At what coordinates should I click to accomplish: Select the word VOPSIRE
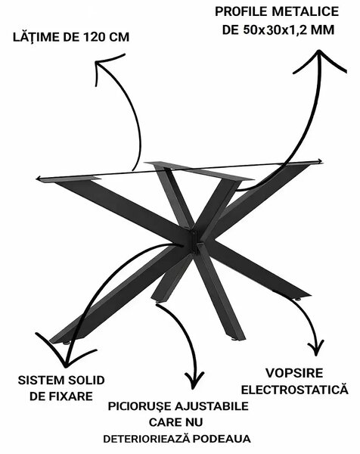click(294, 373)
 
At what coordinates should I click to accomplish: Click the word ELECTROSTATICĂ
click(295, 389)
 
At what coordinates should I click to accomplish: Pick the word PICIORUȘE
click(139, 406)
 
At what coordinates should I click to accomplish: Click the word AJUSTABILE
click(212, 406)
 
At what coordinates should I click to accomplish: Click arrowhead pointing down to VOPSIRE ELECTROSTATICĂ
click(315, 354)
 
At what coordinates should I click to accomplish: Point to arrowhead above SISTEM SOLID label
click(66, 365)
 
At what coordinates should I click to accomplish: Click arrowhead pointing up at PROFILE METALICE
click(319, 52)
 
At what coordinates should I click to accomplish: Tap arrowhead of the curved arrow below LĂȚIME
click(97, 62)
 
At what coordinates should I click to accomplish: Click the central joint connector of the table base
click(194, 241)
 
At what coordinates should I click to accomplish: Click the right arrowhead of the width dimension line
click(321, 161)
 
